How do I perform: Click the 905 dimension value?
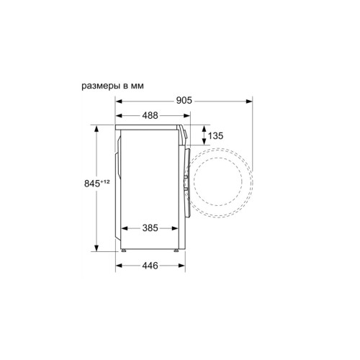184,100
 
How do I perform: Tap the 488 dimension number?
150,115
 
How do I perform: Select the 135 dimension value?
215,136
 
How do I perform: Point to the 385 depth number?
150,228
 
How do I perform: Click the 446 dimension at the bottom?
150,266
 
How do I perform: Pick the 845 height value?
92,184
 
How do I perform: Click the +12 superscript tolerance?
105,181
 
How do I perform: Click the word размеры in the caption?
101,86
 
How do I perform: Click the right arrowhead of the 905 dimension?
249,102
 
